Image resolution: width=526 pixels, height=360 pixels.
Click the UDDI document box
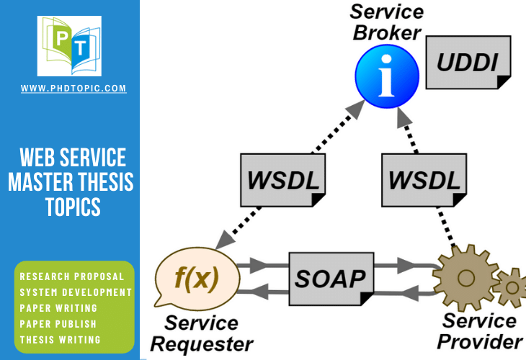[468, 63]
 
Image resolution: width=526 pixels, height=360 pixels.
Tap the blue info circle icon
[387, 76]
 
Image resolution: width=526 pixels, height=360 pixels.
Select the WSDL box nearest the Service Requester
[282, 180]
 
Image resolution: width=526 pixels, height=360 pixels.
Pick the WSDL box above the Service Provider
[424, 180]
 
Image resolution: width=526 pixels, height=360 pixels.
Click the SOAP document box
[331, 279]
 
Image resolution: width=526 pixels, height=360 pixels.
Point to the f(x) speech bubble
[197, 278]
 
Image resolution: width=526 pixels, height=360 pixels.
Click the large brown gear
[465, 278]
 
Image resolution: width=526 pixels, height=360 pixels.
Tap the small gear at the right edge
[511, 287]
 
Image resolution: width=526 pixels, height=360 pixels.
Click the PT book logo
[69, 46]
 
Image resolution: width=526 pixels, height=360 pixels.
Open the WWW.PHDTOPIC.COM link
[73, 88]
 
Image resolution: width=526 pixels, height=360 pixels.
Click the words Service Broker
[386, 22]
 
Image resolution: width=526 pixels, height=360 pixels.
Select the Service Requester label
[201, 333]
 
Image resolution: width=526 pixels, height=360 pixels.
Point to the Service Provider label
[480, 331]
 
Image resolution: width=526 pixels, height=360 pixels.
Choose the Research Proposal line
[72, 276]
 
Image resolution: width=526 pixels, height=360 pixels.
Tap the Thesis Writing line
[60, 340]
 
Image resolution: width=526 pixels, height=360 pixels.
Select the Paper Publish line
[58, 324]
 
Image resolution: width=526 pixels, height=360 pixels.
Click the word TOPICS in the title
[73, 207]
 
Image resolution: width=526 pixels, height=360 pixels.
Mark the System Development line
[76, 292]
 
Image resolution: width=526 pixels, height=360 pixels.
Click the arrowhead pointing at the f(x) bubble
[224, 240]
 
